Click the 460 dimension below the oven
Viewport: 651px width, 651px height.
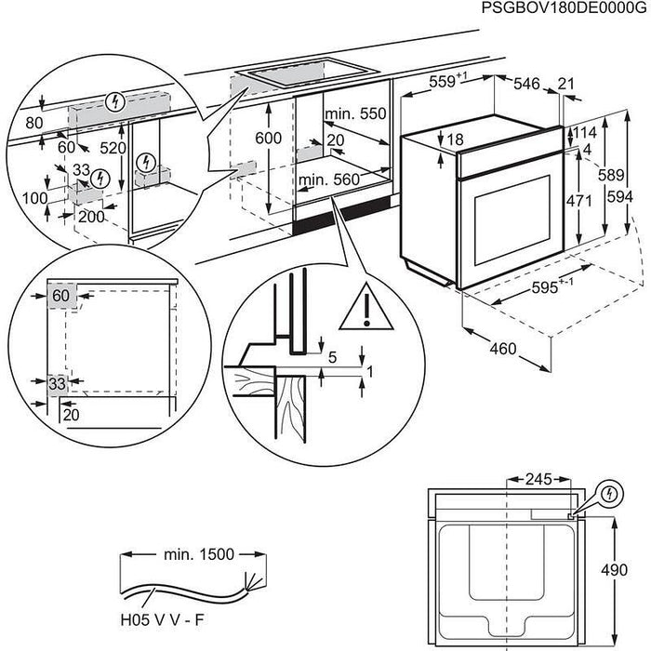pyautogui.click(x=501, y=350)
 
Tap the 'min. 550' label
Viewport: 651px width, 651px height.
pyautogui.click(x=354, y=113)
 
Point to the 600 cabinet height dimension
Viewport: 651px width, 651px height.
pyautogui.click(x=267, y=137)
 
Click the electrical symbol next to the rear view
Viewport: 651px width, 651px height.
pyautogui.click(x=610, y=493)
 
